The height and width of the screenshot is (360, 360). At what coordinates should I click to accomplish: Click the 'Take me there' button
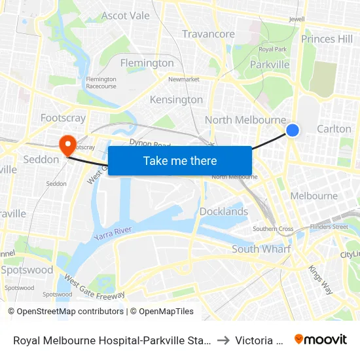(180, 161)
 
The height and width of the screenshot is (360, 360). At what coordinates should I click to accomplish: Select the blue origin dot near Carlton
(293, 131)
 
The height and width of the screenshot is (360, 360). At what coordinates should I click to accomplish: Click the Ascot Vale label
(125, 16)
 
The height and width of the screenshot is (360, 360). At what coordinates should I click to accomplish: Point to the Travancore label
(208, 34)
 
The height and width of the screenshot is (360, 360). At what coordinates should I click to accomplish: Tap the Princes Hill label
(327, 39)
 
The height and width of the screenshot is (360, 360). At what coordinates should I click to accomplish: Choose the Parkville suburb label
(270, 65)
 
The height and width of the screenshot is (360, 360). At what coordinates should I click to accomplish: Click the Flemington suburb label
(147, 63)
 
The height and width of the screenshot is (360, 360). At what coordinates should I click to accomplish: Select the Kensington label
(176, 100)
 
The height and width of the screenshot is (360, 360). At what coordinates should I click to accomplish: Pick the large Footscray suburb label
(63, 118)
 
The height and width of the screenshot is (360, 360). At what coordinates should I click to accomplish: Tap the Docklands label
(224, 211)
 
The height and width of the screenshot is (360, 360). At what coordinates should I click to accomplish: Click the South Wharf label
(262, 249)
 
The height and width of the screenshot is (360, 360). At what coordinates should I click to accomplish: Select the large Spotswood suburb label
(27, 270)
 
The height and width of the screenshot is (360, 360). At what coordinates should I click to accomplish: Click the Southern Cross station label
(273, 228)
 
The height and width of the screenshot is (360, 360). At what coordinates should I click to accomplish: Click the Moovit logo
(321, 339)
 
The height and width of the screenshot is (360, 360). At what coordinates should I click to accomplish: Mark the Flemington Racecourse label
(101, 82)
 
